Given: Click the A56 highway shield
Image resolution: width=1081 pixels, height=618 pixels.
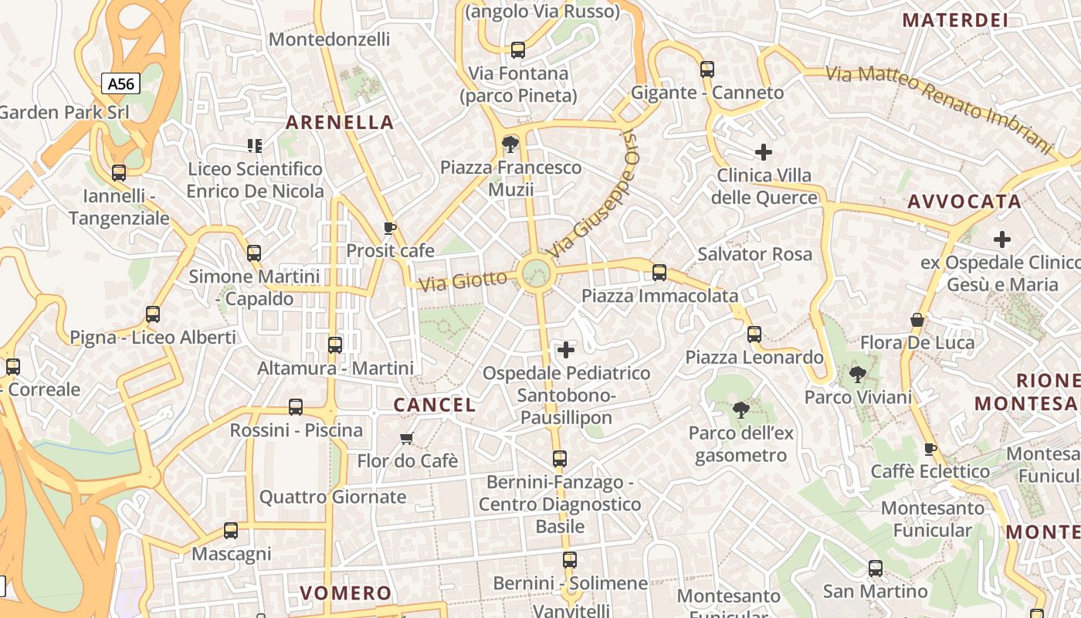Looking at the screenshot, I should pyautogui.click(x=120, y=83).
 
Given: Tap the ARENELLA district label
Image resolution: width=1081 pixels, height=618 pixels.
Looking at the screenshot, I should pyautogui.click(x=340, y=122).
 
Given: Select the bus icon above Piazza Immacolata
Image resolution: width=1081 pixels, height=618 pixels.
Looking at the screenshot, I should pyautogui.click(x=659, y=272).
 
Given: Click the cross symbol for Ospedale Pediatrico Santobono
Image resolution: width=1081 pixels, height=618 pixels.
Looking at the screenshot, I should pyautogui.click(x=566, y=350).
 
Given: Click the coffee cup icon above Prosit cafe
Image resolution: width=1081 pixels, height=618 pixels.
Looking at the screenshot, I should pyautogui.click(x=390, y=228).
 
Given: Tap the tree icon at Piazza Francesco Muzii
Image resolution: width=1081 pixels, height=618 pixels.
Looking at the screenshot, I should pyautogui.click(x=510, y=144).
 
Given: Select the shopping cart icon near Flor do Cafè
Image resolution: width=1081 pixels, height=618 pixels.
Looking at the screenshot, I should pyautogui.click(x=407, y=438).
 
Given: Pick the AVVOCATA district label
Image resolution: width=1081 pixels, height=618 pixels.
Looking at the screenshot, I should pyautogui.click(x=964, y=202).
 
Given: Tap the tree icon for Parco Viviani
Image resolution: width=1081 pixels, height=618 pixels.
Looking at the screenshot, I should pyautogui.click(x=857, y=375).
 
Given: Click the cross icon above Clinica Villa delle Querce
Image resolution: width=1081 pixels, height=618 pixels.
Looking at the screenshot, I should pyautogui.click(x=764, y=152).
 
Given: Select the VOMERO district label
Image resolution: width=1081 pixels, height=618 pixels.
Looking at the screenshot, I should pyautogui.click(x=346, y=593).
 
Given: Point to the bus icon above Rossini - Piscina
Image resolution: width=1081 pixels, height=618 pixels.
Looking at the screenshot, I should pyautogui.click(x=296, y=407).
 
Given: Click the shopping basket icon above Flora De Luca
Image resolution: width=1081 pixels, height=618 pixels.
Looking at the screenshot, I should pyautogui.click(x=917, y=320).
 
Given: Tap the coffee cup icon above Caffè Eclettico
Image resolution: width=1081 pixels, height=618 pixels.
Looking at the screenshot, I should pyautogui.click(x=930, y=449).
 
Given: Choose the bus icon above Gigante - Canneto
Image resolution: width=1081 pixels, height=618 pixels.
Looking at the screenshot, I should pyautogui.click(x=707, y=70).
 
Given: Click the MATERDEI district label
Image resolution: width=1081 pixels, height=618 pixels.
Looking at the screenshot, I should pyautogui.click(x=955, y=20).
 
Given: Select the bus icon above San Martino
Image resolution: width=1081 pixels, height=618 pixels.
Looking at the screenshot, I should pyautogui.click(x=876, y=569).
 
